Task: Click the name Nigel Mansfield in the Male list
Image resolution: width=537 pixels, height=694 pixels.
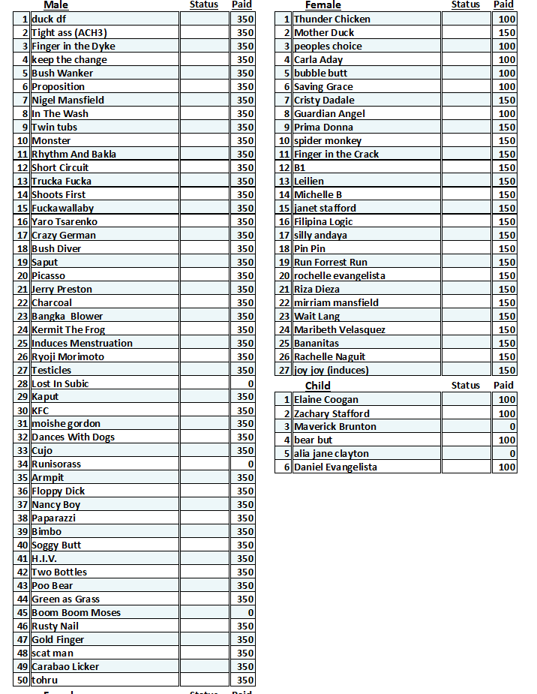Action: coord(67,101)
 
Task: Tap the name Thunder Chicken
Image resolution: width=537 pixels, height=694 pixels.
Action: coord(331,20)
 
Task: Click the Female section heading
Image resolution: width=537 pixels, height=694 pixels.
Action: coord(322,5)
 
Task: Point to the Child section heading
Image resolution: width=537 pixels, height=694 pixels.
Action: coord(317,386)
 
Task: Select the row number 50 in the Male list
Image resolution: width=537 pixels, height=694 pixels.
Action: coord(22,680)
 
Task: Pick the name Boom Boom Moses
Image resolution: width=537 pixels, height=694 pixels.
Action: coord(76,613)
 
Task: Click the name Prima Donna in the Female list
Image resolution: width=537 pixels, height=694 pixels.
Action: coord(323,128)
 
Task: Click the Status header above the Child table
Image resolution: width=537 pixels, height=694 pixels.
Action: coord(465,386)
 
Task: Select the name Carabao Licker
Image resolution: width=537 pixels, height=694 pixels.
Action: coord(65,667)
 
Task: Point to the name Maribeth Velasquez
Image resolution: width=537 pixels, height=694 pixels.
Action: coord(340,330)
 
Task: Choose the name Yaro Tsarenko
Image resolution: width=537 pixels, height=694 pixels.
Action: coord(64,222)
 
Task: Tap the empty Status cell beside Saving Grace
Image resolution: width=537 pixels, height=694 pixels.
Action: coord(466,87)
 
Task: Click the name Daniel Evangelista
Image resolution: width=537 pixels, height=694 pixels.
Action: coord(335,467)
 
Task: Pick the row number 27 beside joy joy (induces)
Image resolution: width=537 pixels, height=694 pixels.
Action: coord(284,371)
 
